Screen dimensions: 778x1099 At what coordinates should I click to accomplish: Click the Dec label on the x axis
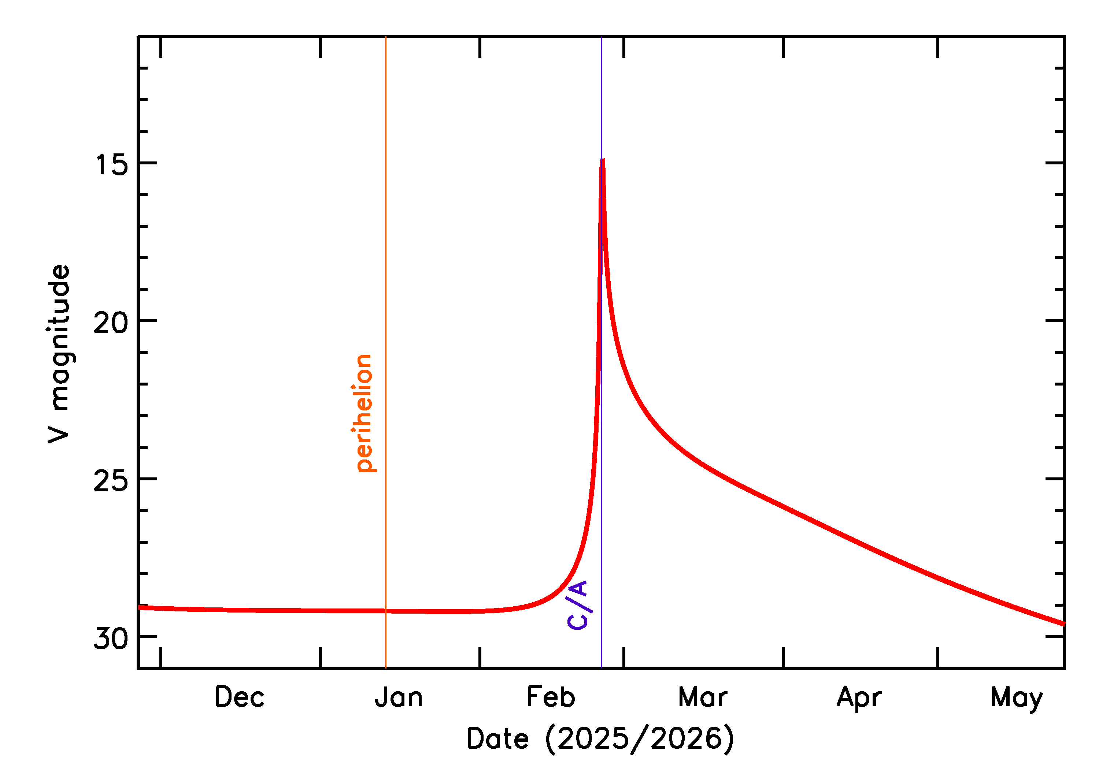pos(239,697)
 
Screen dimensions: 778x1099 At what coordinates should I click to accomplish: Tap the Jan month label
pos(399,697)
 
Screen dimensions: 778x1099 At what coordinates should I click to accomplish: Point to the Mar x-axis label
pos(703,697)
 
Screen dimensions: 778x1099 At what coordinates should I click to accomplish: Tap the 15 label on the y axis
pos(111,165)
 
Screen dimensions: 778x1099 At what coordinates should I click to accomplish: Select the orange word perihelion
pos(364,413)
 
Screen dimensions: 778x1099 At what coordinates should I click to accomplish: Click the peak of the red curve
pos(603,160)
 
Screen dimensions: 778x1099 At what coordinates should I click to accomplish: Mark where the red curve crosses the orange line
pos(386,611)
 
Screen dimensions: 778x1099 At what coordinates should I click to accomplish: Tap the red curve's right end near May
pos(1063,624)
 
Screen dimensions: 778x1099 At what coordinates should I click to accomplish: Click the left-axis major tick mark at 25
pos(148,479)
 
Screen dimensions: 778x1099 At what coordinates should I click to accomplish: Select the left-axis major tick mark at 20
pos(148,320)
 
